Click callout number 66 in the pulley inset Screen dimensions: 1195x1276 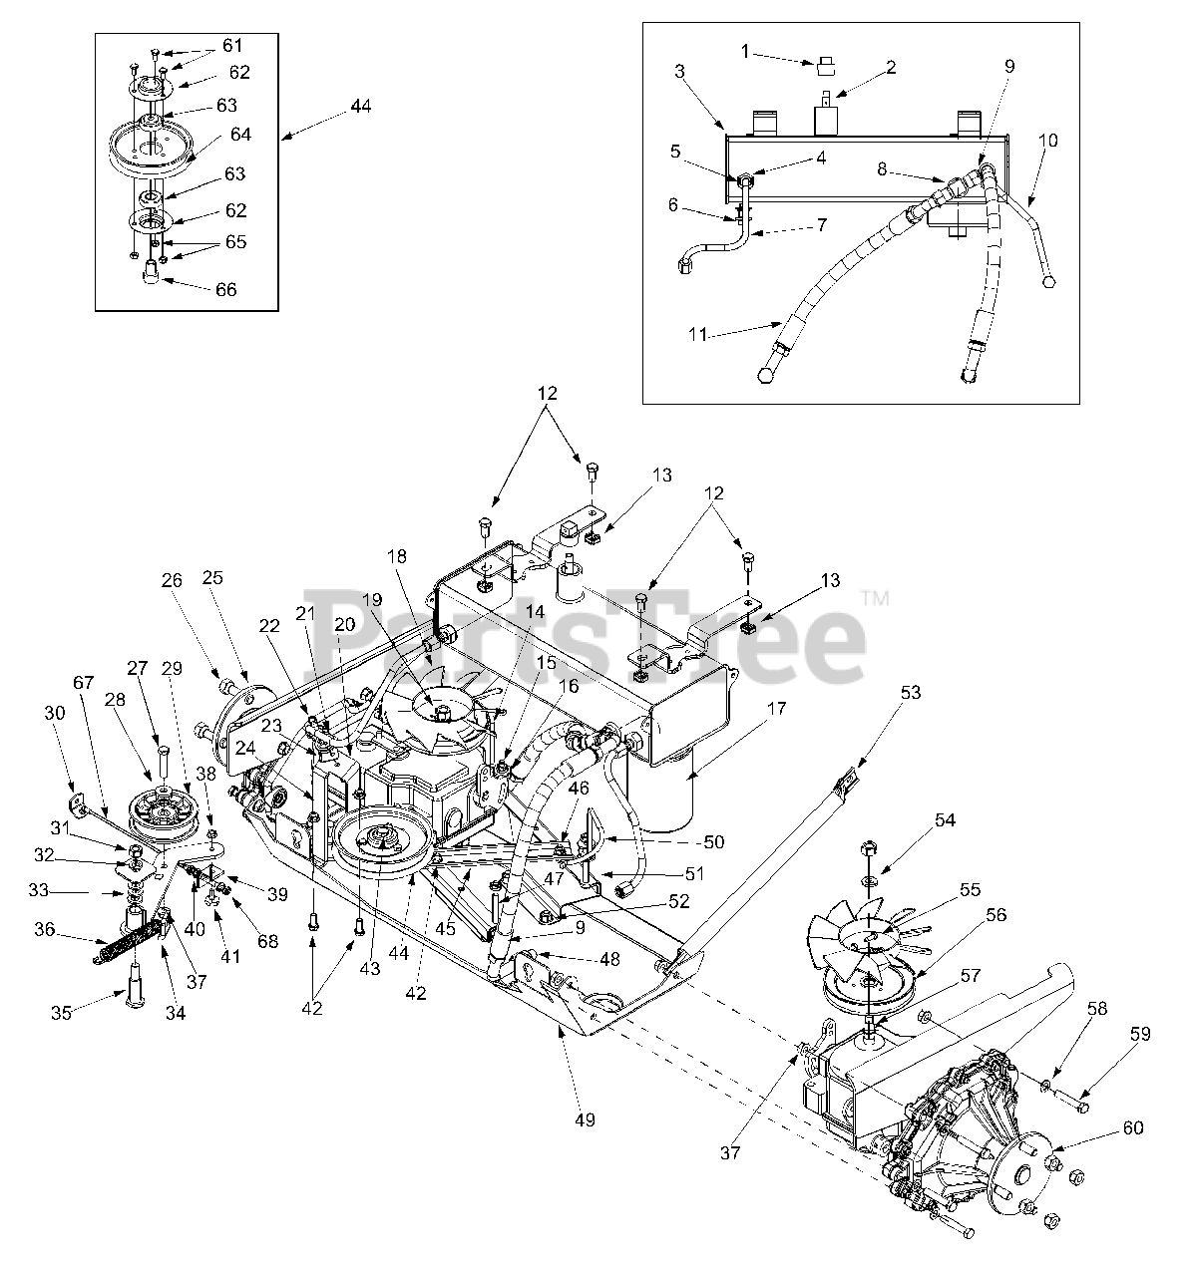225,290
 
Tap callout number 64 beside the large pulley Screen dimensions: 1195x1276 241,135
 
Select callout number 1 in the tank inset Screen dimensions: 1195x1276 745,51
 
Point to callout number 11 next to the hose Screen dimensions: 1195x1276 698,334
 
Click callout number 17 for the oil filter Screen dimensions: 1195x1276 777,709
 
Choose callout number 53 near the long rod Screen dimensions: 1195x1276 911,692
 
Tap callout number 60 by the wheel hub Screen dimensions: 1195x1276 1133,1127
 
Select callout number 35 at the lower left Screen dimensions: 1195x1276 61,1013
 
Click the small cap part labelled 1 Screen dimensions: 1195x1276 825,66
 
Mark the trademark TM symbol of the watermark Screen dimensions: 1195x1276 876,599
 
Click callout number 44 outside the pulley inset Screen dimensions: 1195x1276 361,106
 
